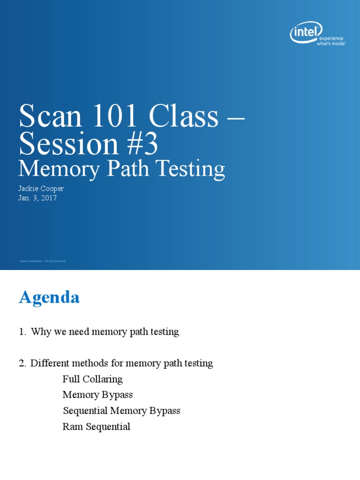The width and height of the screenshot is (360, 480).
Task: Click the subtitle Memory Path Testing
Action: (x=122, y=169)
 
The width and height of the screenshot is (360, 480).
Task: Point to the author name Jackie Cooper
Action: (x=41, y=188)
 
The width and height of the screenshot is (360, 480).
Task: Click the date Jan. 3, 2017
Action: (x=38, y=198)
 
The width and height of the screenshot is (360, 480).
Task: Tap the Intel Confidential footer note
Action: (x=43, y=261)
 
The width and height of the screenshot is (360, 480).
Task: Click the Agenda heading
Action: (x=49, y=297)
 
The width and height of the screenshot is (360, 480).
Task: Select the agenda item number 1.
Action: (x=22, y=332)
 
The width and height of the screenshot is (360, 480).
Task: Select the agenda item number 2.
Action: (x=22, y=363)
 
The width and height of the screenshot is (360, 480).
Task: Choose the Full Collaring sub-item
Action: (x=92, y=379)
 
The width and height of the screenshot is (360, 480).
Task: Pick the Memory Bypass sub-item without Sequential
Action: (x=97, y=395)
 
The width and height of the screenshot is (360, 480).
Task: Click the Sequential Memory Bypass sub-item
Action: (x=121, y=411)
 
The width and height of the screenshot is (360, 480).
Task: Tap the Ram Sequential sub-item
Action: (x=96, y=427)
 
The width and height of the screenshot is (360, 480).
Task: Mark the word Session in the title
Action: (x=68, y=144)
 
